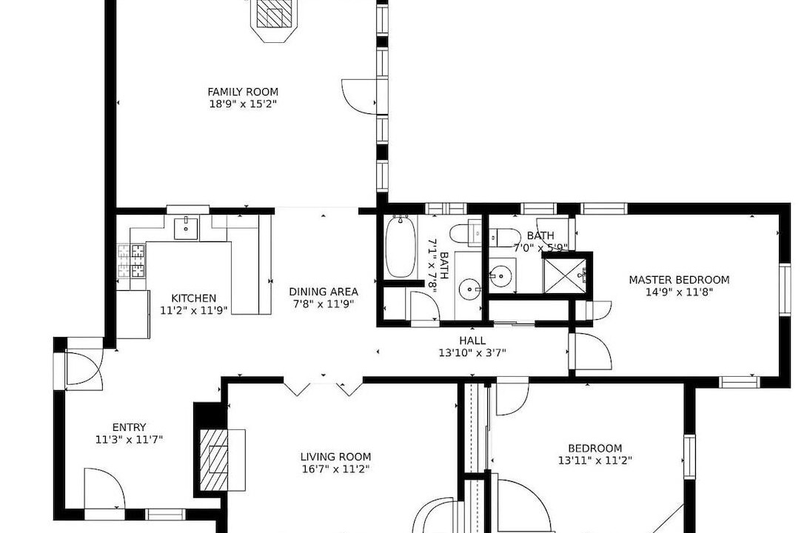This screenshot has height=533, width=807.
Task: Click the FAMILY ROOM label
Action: click(x=243, y=92)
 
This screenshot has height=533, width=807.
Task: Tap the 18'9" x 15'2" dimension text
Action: click(x=243, y=104)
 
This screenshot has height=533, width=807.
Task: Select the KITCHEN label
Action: click(x=193, y=298)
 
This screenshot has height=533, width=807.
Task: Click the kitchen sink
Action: click(x=186, y=229)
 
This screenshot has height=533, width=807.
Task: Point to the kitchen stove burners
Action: click(x=131, y=261)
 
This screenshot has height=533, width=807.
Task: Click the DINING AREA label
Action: click(x=324, y=292)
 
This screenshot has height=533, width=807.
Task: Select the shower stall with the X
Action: click(x=565, y=275)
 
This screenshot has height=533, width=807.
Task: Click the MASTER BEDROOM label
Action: click(x=679, y=281)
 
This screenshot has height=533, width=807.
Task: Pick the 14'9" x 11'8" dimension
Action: click(x=679, y=292)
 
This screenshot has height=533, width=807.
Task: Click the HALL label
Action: click(x=472, y=341)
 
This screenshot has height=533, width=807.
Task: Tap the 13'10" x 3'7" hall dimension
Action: click(x=472, y=353)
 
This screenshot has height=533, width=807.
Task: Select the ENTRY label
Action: click(x=129, y=428)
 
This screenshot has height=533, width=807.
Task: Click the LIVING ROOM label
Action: click(x=335, y=457)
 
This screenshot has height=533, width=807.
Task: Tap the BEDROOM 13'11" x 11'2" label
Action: click(x=595, y=455)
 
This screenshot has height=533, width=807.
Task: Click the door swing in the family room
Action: click(x=361, y=96)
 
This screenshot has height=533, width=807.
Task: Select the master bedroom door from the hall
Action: click(x=591, y=352)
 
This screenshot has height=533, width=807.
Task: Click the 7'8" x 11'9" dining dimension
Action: click(x=324, y=304)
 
